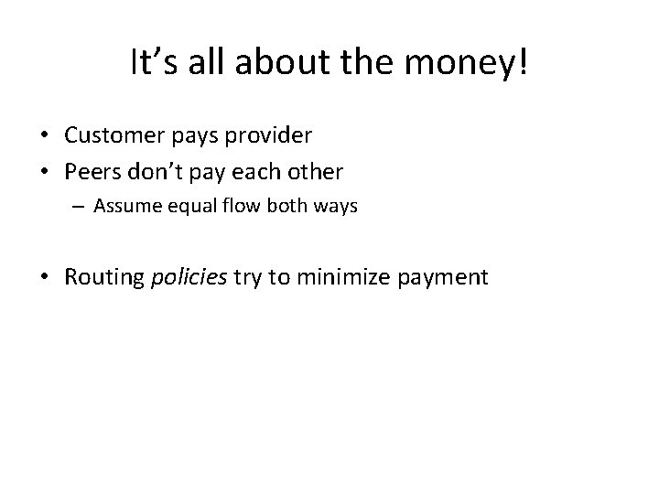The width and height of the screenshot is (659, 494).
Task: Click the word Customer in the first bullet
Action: click(x=115, y=135)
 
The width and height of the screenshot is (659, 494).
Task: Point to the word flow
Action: click(x=236, y=207)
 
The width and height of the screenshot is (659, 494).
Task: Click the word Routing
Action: click(x=103, y=277)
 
